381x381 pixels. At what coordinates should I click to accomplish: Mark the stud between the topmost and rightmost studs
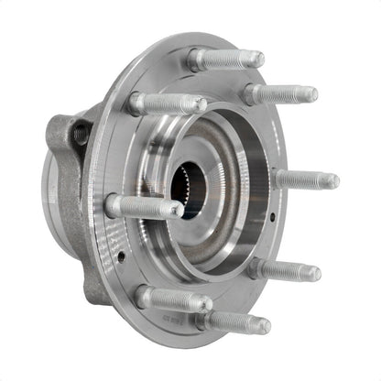point(279,93)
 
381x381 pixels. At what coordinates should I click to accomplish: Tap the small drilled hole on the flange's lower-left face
point(121,257)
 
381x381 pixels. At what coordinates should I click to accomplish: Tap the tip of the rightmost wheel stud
point(332,181)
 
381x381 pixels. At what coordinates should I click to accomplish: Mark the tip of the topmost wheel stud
point(257,60)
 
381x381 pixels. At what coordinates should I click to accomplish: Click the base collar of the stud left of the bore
point(114,203)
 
